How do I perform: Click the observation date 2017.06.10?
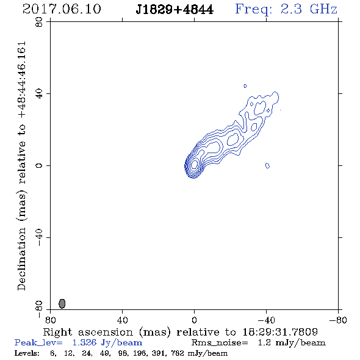coord(62,9)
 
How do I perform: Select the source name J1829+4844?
coord(175,10)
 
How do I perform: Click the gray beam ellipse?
coord(62,303)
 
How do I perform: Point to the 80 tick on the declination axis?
coord(39,22)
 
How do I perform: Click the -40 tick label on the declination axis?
coord(39,237)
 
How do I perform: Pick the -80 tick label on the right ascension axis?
coord(338,320)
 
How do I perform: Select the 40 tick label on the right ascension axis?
coord(123,320)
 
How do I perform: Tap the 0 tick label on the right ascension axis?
coord(194,320)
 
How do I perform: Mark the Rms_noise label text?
coord(220,343)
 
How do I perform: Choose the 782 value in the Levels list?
coord(178,353)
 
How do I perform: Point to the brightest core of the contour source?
coord(194,164)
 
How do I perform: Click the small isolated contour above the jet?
coord(245,86)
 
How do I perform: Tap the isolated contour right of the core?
coord(267,165)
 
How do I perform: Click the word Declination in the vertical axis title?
coord(21,259)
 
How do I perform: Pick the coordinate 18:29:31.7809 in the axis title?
coord(280,332)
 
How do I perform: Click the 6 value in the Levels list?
coord(53,353)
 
